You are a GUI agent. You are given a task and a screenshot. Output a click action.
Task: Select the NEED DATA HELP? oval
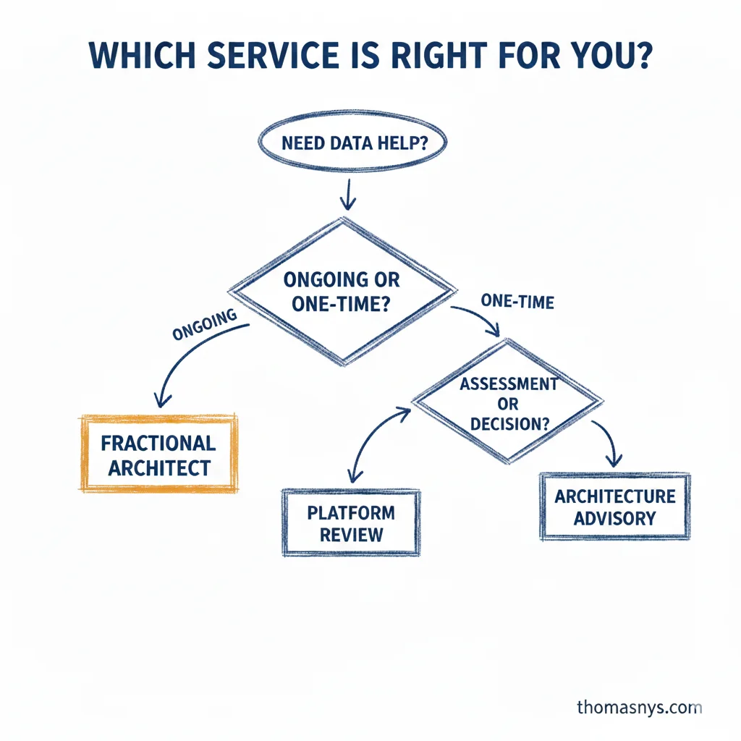(x=353, y=143)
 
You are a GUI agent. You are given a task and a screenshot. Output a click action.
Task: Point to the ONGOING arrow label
(x=205, y=325)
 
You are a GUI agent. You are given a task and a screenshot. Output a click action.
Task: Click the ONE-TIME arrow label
(x=517, y=301)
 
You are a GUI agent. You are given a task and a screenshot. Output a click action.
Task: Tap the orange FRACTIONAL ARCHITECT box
(x=158, y=454)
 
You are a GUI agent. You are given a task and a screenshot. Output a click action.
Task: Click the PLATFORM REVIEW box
(x=351, y=523)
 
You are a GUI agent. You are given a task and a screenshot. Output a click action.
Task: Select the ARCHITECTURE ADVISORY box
(x=614, y=507)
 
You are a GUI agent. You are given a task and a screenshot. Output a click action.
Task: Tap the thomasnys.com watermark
(x=639, y=707)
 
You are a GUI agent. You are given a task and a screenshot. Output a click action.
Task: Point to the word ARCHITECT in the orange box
(x=159, y=467)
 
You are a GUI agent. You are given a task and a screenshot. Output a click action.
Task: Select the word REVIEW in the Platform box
(x=351, y=535)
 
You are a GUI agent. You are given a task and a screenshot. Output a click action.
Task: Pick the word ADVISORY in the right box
(x=614, y=519)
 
